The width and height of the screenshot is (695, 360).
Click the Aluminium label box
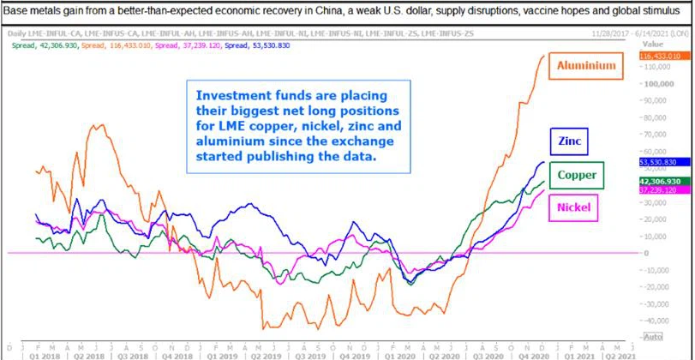pyautogui.click(x=587, y=65)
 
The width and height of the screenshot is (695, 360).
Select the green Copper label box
pyautogui.click(x=577, y=176)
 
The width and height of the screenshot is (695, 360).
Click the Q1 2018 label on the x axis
pyautogui.click(x=45, y=353)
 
